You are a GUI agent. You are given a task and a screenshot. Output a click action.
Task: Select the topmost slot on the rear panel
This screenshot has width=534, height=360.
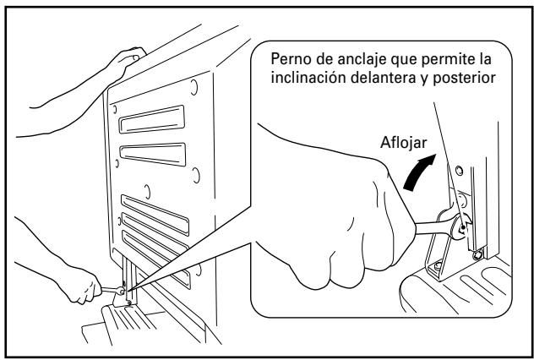click(152, 119)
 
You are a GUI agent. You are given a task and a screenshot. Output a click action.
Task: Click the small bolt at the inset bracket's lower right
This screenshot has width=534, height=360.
click(479, 254)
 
